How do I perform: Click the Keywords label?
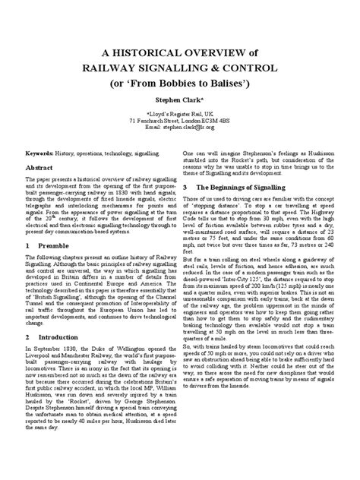pos(46,152)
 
